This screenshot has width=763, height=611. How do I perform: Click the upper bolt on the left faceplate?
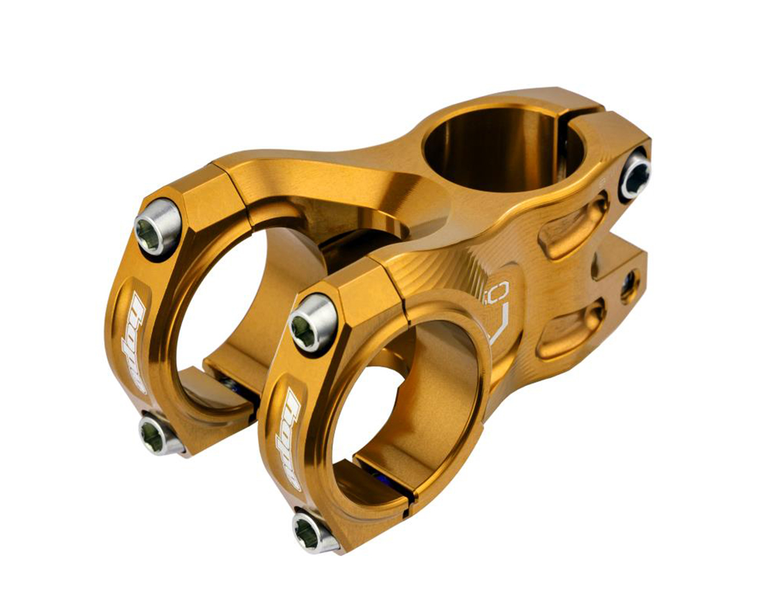(156, 227)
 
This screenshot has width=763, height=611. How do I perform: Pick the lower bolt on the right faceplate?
(315, 530)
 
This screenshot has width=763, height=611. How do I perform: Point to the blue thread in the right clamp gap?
(381, 477)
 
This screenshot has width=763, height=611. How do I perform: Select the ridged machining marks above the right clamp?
(441, 269)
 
